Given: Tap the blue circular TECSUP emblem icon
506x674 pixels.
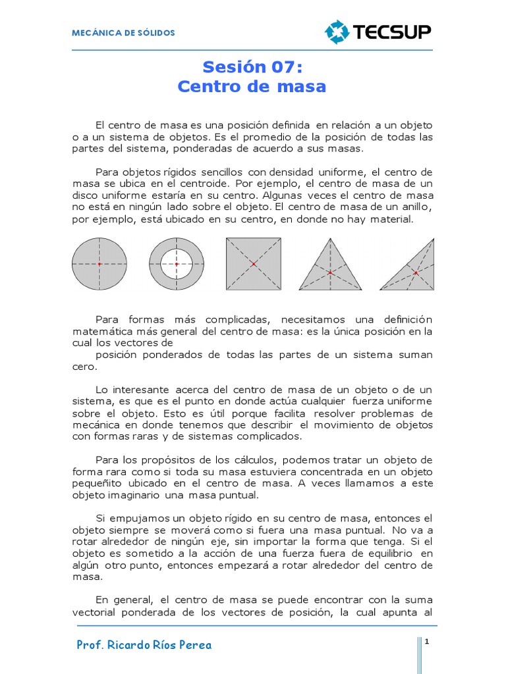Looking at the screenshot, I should pyautogui.click(x=337, y=32).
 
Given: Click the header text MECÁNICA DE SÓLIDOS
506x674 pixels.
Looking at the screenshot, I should pyautogui.click(x=124, y=33).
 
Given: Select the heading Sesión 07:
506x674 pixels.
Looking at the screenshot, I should pyautogui.click(x=252, y=67).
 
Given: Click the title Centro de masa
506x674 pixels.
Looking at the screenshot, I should pyautogui.click(x=252, y=86).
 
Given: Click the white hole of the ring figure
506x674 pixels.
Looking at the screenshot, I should pyautogui.click(x=177, y=263).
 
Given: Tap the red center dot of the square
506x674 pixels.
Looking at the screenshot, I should pyautogui.click(x=254, y=264).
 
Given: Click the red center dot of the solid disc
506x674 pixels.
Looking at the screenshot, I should pyautogui.click(x=99, y=264).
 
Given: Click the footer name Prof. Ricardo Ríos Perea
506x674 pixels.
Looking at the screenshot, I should pyautogui.click(x=144, y=645).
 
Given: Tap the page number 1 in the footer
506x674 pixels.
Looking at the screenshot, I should pyautogui.click(x=427, y=641).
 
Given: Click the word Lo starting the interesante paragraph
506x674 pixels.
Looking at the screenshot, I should pyautogui.click(x=101, y=390).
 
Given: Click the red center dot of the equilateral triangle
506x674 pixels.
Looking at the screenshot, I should pyautogui.click(x=330, y=272).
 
